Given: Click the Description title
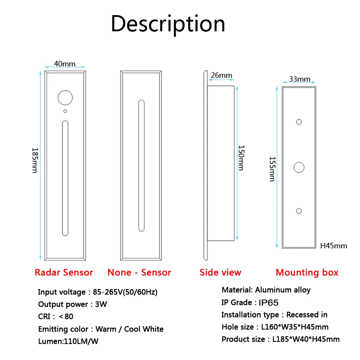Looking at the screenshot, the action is (168, 24).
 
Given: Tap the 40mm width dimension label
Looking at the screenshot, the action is (65, 64).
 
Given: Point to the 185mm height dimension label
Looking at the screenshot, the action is (35, 160).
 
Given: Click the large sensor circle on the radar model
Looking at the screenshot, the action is (65, 97).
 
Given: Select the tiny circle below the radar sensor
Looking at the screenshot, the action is (65, 111).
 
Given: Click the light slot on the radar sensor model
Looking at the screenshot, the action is (65, 178).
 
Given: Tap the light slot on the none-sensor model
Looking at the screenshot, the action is (142, 165).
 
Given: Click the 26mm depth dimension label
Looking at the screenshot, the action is (221, 75).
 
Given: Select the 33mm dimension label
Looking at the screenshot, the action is (300, 79).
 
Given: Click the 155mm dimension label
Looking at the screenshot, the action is (272, 169).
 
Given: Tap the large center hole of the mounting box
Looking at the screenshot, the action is (299, 167).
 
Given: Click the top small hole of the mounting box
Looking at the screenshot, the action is (299, 122).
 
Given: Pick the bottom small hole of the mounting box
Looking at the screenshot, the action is (299, 211).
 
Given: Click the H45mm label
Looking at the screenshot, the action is (334, 246).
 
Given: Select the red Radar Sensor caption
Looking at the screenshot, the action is (64, 273).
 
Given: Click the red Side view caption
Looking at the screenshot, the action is (220, 273).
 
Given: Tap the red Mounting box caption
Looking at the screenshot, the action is (307, 273).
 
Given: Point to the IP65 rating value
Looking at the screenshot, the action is (269, 302).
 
